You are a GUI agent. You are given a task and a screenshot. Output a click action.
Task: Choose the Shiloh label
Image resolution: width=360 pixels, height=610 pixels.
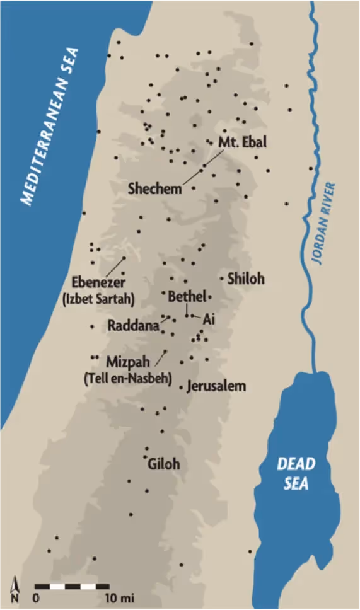coord(246,279)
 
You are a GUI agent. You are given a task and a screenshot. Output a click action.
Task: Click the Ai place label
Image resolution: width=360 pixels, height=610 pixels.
coord(209,320)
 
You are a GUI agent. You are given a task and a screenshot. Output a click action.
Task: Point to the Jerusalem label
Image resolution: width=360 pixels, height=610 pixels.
coord(216,386)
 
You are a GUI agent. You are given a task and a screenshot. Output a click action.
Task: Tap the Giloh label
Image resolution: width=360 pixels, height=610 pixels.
coord(163,464)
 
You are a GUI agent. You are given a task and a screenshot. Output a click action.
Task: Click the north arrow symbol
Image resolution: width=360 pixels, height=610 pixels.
coord(15,590)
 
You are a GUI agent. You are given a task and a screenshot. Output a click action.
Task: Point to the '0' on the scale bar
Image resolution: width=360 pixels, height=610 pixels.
coord(37,597)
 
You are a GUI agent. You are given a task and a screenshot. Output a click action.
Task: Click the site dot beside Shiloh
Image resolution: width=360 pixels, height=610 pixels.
coord(221,278)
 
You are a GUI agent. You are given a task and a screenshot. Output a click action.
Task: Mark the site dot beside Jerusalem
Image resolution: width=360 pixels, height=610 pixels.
coord(182,387)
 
